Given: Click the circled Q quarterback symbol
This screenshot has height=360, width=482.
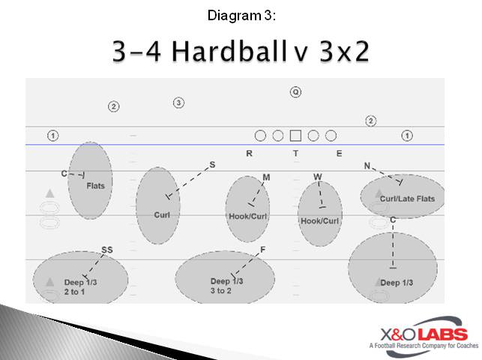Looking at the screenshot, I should click(x=295, y=92).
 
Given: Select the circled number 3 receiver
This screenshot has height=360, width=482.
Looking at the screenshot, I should click(x=178, y=102).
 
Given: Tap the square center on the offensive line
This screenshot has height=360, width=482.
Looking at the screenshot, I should click(x=295, y=136).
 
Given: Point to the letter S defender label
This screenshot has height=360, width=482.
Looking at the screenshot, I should click(x=212, y=164).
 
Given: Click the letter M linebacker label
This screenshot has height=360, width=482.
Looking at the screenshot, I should click(x=266, y=177).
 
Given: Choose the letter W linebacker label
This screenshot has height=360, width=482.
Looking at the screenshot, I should click(x=318, y=177).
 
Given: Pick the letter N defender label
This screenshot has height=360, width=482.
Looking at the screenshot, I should click(x=367, y=165).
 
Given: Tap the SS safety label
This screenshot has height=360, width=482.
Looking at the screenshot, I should click(x=107, y=250).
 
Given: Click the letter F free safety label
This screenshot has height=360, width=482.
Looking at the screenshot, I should click(x=262, y=250).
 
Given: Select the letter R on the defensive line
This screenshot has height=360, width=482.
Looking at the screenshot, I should click(x=250, y=154).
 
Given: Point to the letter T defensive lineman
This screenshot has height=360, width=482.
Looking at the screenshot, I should click(x=295, y=154).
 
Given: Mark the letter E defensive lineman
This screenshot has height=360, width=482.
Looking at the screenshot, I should click(x=339, y=154).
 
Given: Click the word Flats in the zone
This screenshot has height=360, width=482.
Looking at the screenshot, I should click(x=96, y=185).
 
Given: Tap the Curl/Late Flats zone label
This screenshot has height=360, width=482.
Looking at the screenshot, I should click(x=407, y=199).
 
